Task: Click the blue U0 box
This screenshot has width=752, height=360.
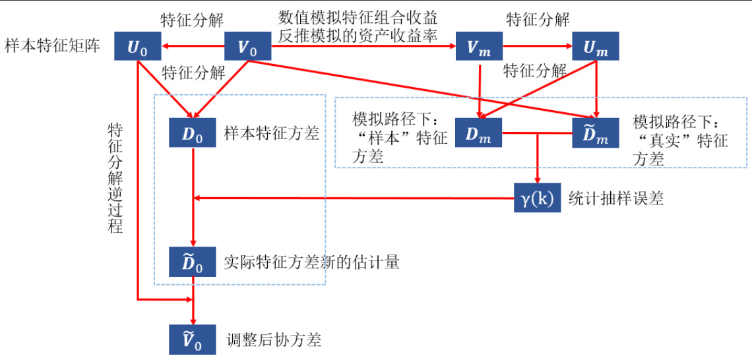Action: point(138,47)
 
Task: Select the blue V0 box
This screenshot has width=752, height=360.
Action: point(247,47)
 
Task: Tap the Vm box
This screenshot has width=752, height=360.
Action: point(479,47)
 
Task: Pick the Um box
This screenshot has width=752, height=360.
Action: point(596,47)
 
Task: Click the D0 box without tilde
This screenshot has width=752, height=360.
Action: point(192,135)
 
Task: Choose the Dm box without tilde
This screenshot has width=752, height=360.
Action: point(479,135)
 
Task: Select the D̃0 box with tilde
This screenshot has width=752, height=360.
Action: point(192,261)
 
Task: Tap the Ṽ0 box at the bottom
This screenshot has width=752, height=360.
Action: point(192,340)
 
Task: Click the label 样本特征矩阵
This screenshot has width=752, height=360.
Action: point(52,47)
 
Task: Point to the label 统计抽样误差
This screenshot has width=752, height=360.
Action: point(616,198)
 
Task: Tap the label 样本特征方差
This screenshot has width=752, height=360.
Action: point(272,135)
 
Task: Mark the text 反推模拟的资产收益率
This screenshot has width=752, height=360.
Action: point(358,36)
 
